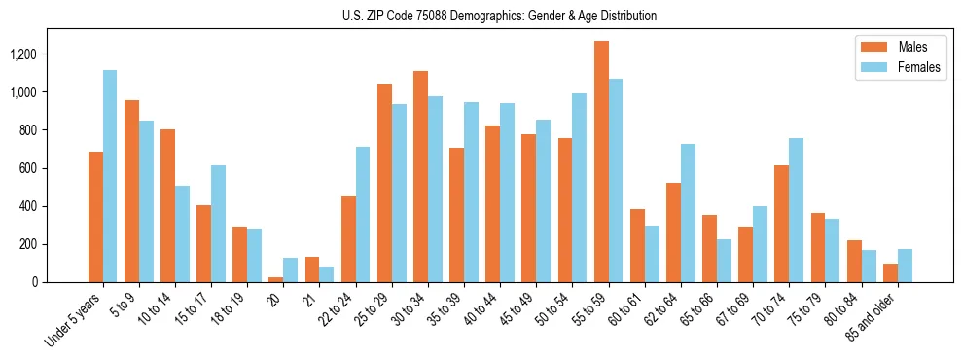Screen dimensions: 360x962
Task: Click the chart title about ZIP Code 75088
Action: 500,16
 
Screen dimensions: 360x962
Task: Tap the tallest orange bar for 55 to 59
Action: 601,162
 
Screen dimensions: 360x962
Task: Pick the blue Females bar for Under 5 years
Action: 110,176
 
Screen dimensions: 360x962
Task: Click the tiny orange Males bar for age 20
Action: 276,279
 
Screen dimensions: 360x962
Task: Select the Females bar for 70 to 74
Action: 768,210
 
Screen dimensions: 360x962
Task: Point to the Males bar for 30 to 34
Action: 420,177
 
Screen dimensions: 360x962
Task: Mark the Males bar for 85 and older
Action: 890,273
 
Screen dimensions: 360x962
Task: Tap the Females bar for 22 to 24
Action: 362,215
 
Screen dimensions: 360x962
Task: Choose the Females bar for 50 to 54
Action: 580,188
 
